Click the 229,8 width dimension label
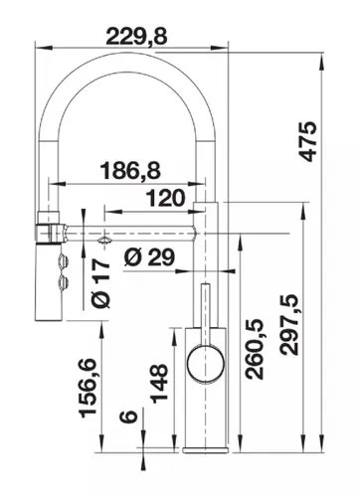(136, 37)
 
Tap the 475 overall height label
(308, 141)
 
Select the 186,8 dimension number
(130, 171)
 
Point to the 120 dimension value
(165, 198)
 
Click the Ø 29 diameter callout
(149, 257)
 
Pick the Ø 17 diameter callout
(100, 283)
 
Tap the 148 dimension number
(159, 384)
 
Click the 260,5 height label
(254, 350)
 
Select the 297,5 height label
(288, 326)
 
